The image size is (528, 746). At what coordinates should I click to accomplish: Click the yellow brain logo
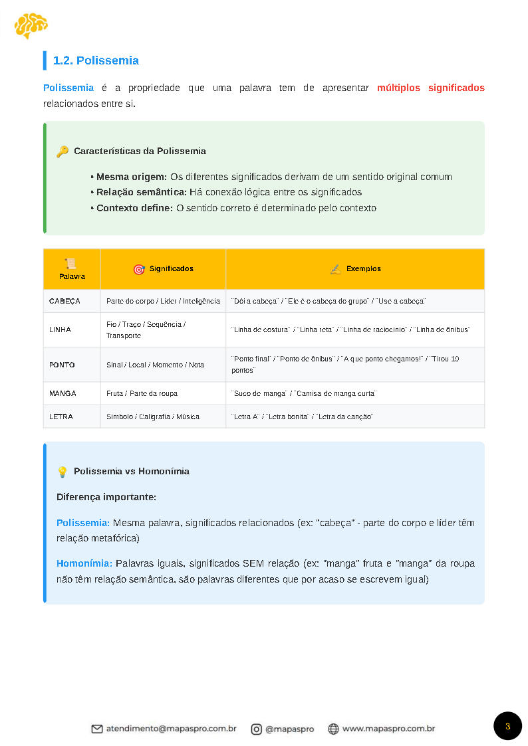click(31, 26)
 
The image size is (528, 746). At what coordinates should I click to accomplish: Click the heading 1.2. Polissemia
click(96, 60)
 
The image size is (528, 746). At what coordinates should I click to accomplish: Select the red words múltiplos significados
click(430, 88)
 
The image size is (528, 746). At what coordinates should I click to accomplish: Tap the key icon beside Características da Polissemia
click(63, 151)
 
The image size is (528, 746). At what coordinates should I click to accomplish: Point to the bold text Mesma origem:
click(132, 177)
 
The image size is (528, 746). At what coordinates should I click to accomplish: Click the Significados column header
click(171, 269)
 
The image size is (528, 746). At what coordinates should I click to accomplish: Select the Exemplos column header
click(363, 269)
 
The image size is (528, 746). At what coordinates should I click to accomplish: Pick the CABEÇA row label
click(65, 301)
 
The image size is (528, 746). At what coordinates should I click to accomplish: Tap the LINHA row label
click(60, 329)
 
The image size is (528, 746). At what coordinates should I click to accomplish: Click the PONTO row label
click(62, 365)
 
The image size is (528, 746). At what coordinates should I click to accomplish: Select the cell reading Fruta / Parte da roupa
click(142, 393)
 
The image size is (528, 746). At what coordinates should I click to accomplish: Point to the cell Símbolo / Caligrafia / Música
click(152, 417)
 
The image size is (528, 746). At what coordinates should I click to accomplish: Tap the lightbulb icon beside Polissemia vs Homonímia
click(63, 472)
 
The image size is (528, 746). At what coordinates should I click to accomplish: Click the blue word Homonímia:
click(84, 563)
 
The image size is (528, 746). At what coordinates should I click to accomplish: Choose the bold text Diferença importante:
click(106, 497)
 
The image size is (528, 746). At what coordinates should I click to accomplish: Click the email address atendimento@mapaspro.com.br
click(172, 729)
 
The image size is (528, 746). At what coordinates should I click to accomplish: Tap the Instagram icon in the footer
click(256, 729)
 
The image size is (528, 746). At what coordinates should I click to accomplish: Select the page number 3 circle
click(507, 726)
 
